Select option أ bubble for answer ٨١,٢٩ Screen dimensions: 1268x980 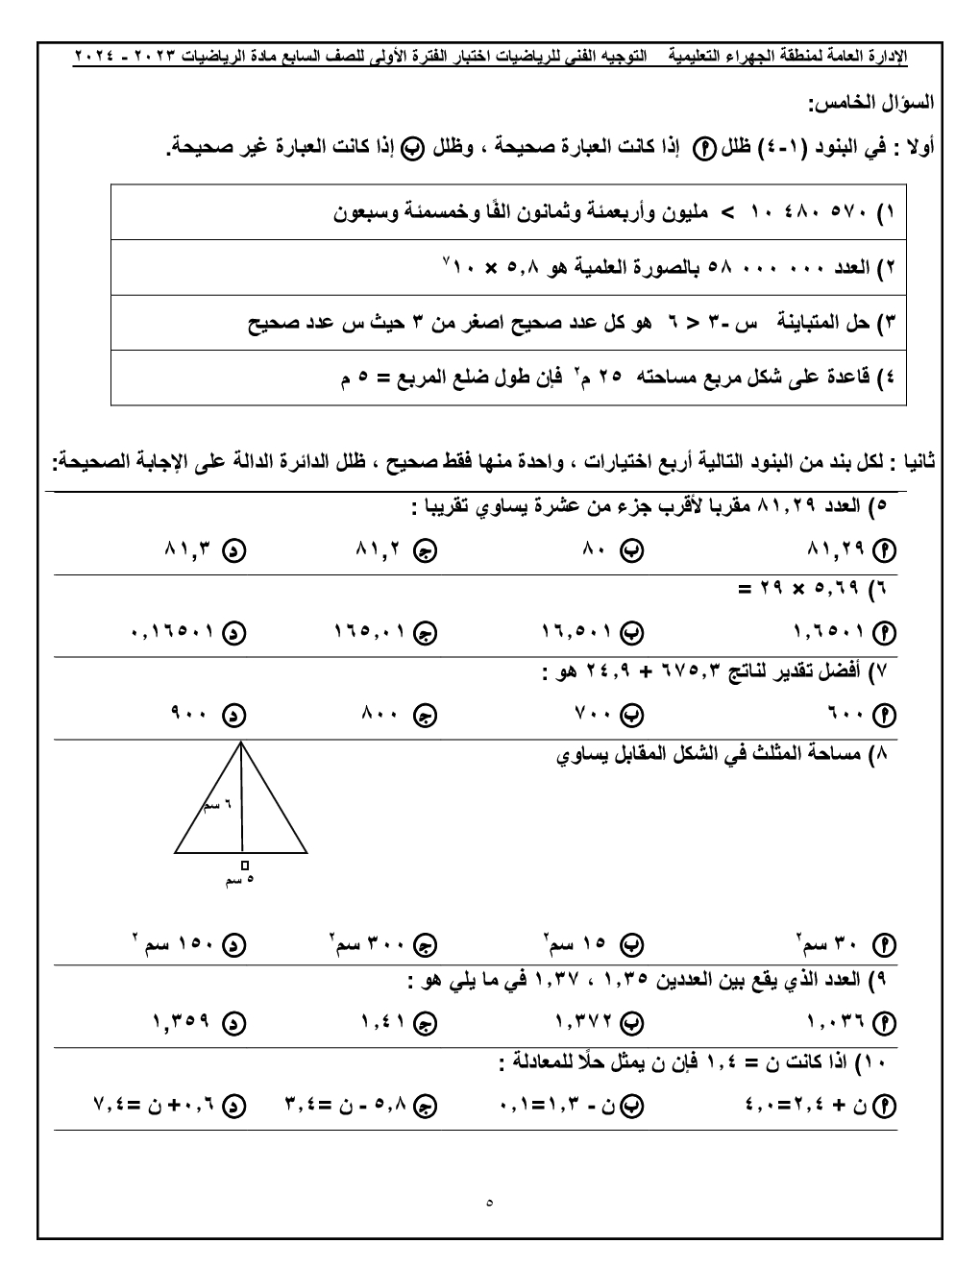click(x=887, y=551)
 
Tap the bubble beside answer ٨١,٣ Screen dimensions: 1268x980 click(x=233, y=551)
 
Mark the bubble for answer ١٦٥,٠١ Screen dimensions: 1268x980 click(x=426, y=633)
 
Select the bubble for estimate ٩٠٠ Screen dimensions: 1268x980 click(x=233, y=715)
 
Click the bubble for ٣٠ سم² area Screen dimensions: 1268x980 click(x=887, y=945)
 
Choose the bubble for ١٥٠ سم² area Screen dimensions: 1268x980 click(x=233, y=945)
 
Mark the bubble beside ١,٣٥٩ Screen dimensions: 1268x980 click(x=233, y=1023)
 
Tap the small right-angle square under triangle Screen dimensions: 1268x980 click(x=245, y=865)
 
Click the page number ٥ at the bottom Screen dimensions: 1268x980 click(x=489, y=1201)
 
